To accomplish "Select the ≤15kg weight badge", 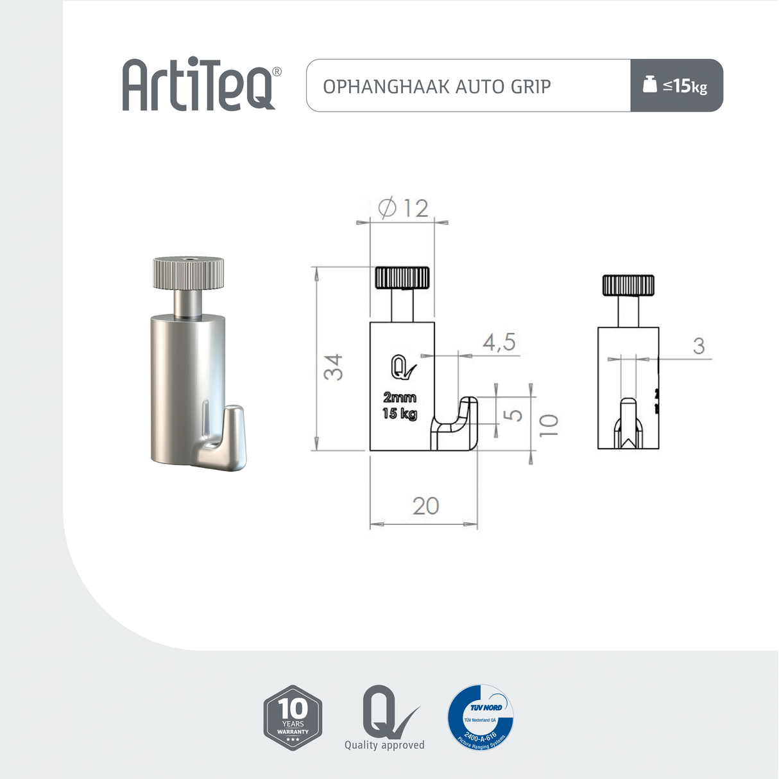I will pyautogui.click(x=676, y=85).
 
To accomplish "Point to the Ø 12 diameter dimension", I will pyautogui.click(x=403, y=208).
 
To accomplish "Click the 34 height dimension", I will pyautogui.click(x=333, y=367).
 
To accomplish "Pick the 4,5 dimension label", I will pyautogui.click(x=499, y=343).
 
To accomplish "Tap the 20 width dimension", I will pyautogui.click(x=425, y=506).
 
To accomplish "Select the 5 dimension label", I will pyautogui.click(x=513, y=415).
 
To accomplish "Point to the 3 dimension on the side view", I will pyautogui.click(x=699, y=347).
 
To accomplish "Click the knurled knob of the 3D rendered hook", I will pyautogui.click(x=188, y=273).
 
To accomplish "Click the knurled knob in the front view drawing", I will pyautogui.click(x=402, y=278).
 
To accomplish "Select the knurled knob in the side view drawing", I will pyautogui.click(x=628, y=285).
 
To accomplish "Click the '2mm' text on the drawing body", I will pyautogui.click(x=400, y=398).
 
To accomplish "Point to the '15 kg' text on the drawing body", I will pyautogui.click(x=400, y=414).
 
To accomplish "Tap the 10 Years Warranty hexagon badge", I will pyautogui.click(x=293, y=717).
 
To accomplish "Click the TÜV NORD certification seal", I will pyautogui.click(x=481, y=717).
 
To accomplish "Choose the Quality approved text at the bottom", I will pyautogui.click(x=384, y=745).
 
